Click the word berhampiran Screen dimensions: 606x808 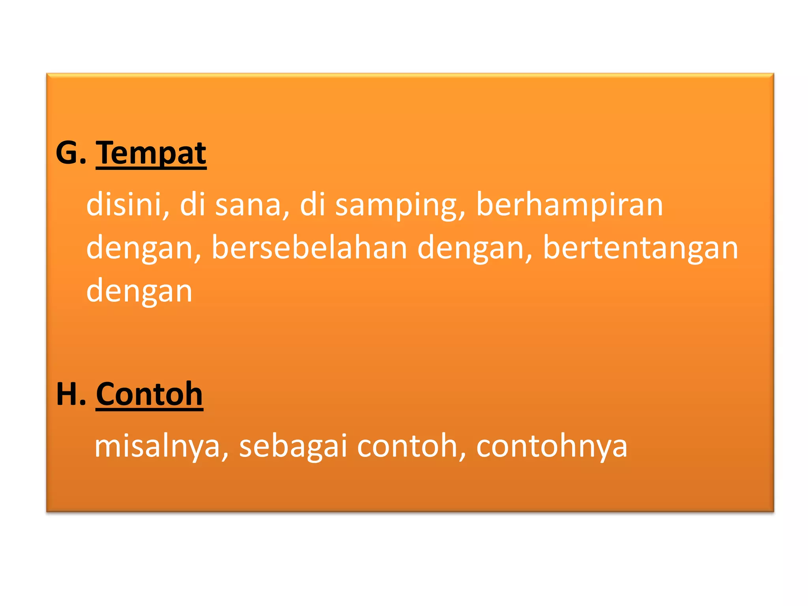[569, 205]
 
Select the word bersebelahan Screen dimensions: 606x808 [309, 247]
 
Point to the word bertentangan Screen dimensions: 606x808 [640, 248]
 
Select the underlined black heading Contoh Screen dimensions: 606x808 [149, 394]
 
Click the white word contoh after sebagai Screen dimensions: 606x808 [407, 445]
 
